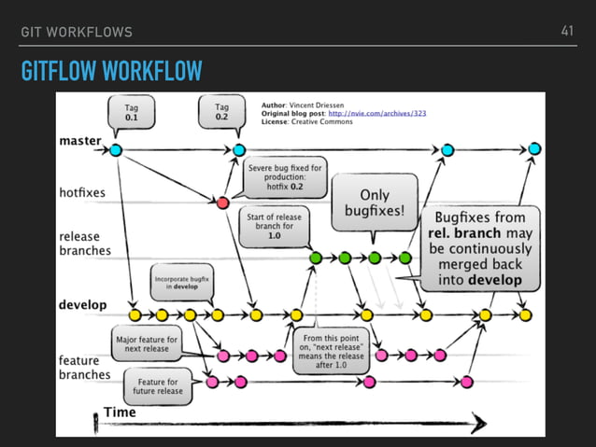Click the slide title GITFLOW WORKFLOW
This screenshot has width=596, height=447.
point(113,71)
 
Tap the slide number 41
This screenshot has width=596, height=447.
point(567,32)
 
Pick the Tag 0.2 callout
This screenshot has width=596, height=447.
point(221,113)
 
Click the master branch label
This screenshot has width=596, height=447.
point(81,142)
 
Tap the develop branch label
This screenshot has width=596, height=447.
point(82,304)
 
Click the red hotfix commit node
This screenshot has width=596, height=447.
point(222,202)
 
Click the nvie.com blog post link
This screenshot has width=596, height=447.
point(382,113)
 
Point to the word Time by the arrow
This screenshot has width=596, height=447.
point(119,412)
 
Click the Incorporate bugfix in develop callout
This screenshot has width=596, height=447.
point(182,283)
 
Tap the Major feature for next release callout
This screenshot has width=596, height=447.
point(147,345)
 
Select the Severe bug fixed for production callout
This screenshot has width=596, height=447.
point(284,176)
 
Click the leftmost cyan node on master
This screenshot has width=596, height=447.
point(116,149)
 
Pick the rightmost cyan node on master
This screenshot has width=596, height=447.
point(534,149)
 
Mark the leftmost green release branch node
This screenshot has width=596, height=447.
point(315,257)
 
